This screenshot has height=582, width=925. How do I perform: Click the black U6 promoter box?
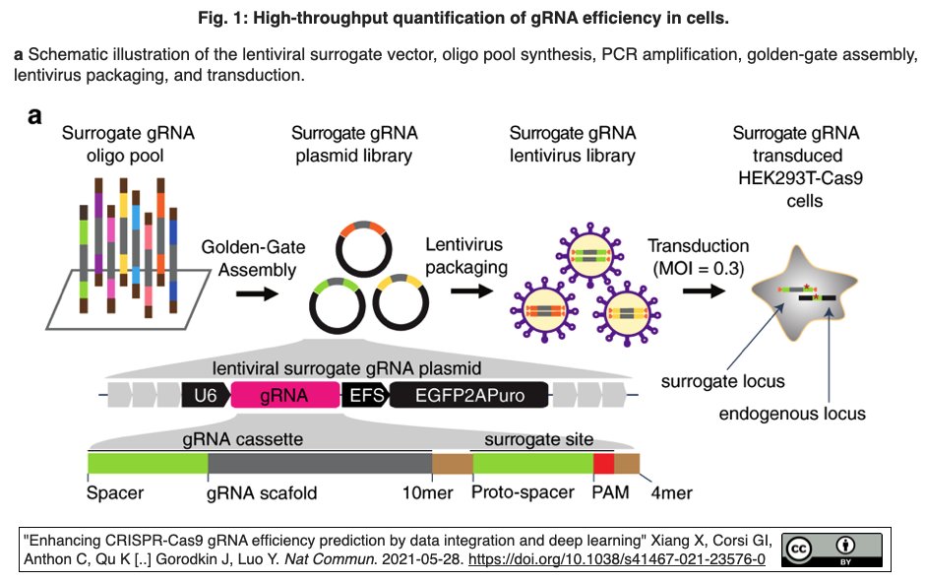(x=205, y=396)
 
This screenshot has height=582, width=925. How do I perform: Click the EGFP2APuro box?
(x=466, y=396)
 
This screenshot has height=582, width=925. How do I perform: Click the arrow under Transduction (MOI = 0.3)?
(x=705, y=291)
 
